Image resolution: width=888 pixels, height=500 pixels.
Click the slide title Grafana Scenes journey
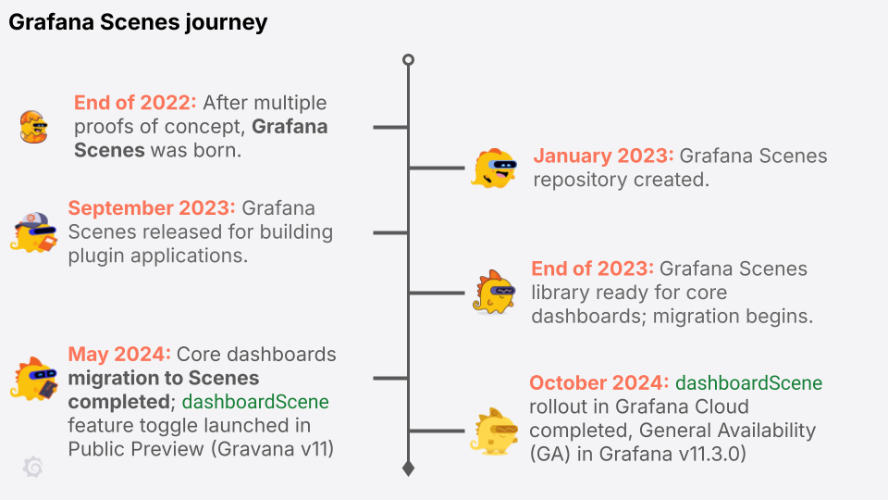click(138, 23)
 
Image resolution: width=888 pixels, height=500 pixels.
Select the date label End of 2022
click(135, 103)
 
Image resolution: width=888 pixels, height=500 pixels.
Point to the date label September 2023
click(152, 207)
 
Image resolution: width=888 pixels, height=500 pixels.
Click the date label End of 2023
click(592, 269)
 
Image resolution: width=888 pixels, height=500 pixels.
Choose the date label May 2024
click(119, 354)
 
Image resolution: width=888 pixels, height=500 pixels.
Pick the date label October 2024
click(598, 382)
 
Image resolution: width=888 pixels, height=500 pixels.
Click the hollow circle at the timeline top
click(408, 60)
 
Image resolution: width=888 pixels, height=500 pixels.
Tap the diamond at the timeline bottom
click(408, 469)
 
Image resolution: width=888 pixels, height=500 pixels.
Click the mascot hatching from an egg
click(32, 126)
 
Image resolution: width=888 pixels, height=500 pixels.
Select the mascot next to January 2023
click(493, 169)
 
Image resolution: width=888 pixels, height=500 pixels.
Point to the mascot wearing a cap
click(35, 231)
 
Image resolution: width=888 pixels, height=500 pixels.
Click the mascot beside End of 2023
click(494, 292)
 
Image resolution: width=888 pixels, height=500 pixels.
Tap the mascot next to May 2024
click(35, 378)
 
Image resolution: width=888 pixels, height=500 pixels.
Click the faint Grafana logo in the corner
click(32, 468)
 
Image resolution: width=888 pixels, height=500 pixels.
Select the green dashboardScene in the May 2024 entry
click(255, 402)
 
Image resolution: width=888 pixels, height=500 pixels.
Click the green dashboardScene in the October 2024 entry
click(748, 382)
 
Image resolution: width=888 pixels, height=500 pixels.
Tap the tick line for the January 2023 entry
click(437, 169)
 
